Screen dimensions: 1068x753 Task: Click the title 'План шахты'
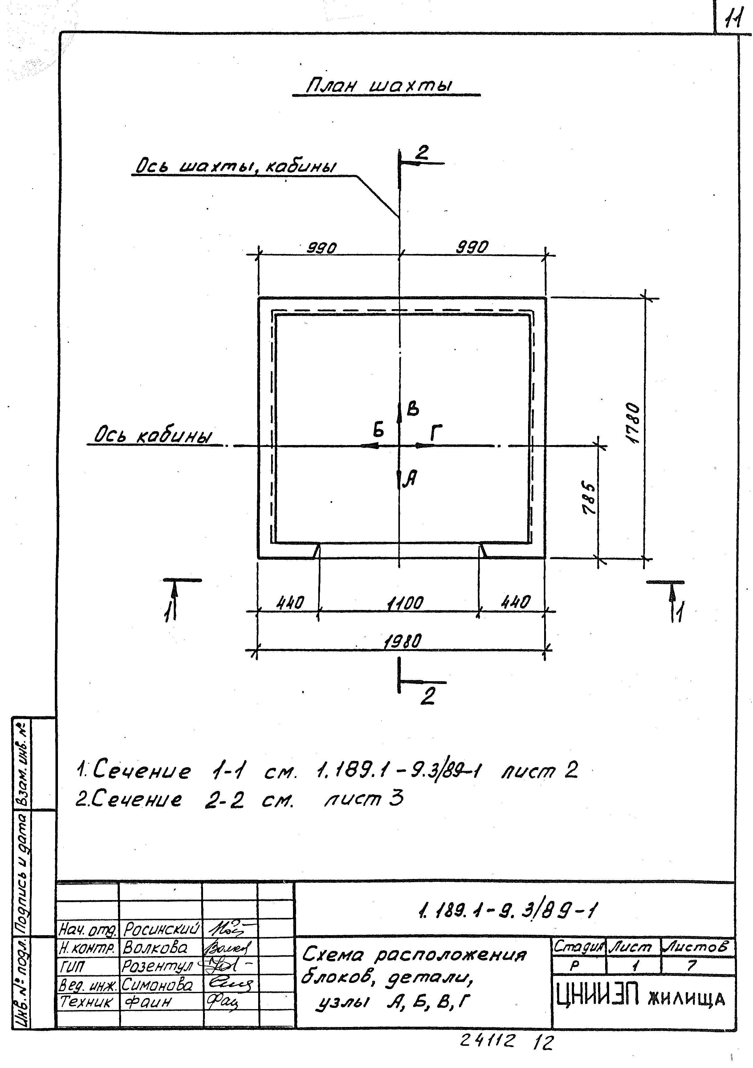(x=379, y=86)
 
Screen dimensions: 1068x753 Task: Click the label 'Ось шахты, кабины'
(x=235, y=166)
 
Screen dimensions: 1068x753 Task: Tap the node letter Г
(x=435, y=433)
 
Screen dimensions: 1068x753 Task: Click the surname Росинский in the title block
(x=161, y=929)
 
